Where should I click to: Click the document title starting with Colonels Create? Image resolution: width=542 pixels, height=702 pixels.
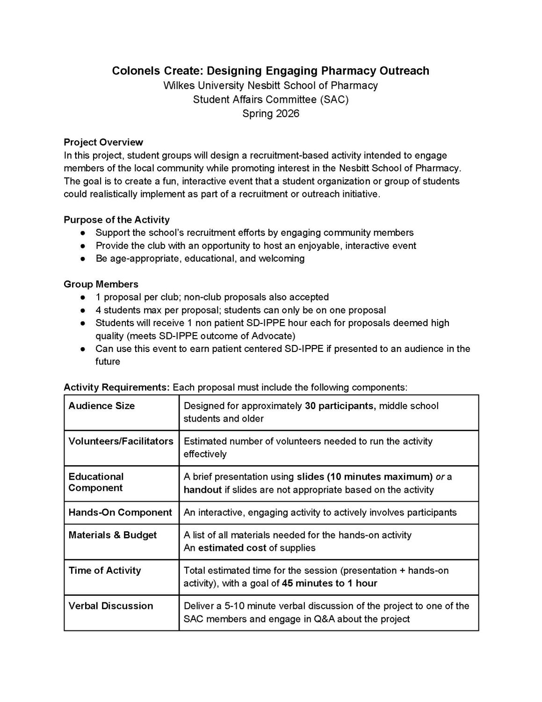point(270,71)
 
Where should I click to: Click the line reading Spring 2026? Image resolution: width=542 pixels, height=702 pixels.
point(271,113)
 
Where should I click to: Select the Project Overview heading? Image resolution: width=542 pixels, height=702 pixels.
point(103,142)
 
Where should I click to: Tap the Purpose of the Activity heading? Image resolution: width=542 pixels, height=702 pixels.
point(116,219)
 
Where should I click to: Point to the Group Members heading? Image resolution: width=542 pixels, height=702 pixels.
point(101,284)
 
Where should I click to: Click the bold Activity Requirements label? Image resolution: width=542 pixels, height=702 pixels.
point(117,388)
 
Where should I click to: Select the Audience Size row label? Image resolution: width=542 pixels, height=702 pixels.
point(101,406)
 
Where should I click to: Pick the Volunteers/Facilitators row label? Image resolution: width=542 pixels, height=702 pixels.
point(121,441)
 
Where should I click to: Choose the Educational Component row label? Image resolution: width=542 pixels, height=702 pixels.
point(96,482)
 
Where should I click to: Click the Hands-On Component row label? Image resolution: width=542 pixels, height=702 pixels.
point(120,512)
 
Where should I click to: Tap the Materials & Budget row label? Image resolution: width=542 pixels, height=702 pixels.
point(113,535)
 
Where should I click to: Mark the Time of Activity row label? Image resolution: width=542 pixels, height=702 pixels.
point(105,570)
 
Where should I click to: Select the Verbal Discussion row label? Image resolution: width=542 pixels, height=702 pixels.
point(111,606)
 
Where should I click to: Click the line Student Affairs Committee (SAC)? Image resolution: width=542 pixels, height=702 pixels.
point(271,99)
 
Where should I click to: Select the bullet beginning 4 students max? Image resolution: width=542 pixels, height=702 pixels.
point(240,310)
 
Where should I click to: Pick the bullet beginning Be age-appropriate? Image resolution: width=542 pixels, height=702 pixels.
point(200,258)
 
